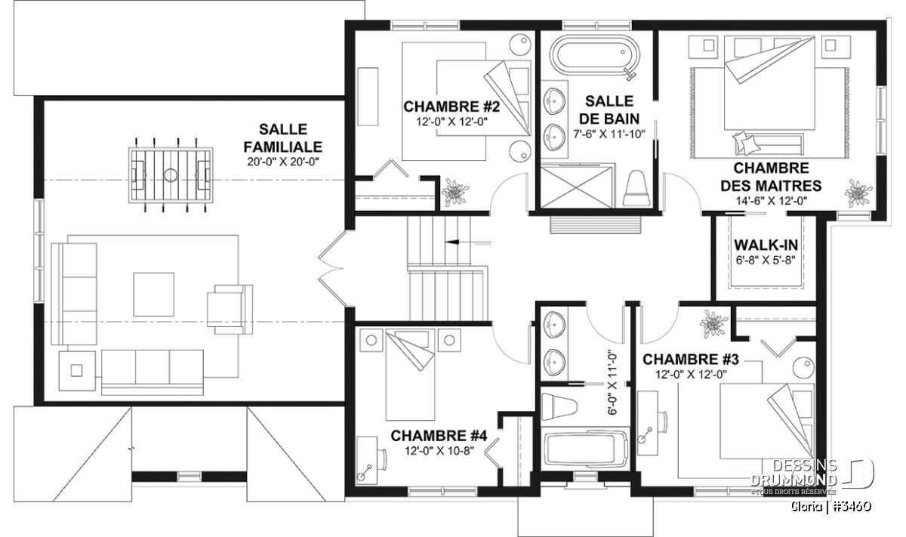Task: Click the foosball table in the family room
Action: point(171,175)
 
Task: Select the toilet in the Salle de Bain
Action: point(636,189)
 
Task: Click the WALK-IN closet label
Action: point(766,245)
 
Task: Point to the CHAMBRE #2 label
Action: point(451,106)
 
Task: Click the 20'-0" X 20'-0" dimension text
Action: point(283,162)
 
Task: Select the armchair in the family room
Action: point(230,310)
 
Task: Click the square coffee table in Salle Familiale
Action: point(154,295)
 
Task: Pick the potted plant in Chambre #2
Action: point(455,191)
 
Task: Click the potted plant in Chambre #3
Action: point(714,323)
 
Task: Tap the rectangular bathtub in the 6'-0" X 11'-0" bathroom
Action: point(585,453)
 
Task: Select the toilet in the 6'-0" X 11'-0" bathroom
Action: point(559,406)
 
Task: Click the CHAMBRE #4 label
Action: point(439,436)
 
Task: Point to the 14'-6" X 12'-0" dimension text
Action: point(772,201)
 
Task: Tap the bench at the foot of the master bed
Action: point(767,144)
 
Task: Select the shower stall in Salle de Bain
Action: point(578,187)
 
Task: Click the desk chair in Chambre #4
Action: point(381,461)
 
